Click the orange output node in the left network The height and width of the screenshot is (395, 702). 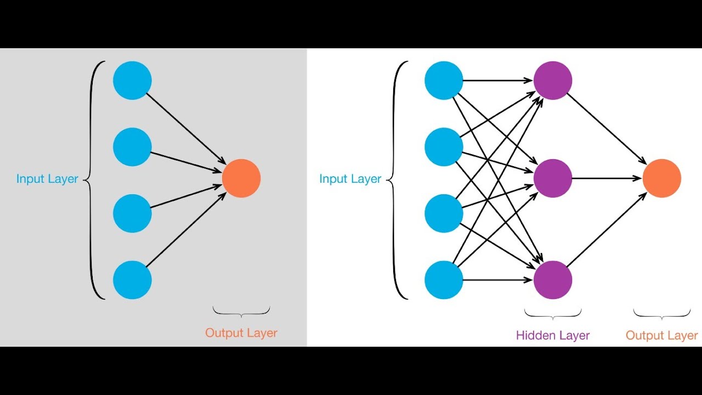pyautogui.click(x=241, y=178)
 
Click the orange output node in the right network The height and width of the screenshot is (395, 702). pyautogui.click(x=661, y=178)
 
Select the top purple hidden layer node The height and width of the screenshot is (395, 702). pyautogui.click(x=553, y=81)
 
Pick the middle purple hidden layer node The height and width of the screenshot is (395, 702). pyautogui.click(x=553, y=178)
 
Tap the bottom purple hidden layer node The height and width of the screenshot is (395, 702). pyautogui.click(x=553, y=280)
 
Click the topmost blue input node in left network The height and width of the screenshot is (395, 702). pyautogui.click(x=132, y=81)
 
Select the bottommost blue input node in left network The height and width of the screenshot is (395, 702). pyautogui.click(x=132, y=280)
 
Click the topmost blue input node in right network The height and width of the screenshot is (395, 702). pyautogui.click(x=444, y=81)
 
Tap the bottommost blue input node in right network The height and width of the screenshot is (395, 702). pyautogui.click(x=444, y=280)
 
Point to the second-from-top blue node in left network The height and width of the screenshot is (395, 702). pyautogui.click(x=132, y=147)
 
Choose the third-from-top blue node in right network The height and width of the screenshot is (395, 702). pyautogui.click(x=444, y=213)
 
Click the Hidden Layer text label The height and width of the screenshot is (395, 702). pyautogui.click(x=553, y=335)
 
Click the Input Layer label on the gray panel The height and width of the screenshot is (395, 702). pyautogui.click(x=47, y=179)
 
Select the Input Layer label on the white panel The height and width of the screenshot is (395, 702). pyautogui.click(x=350, y=179)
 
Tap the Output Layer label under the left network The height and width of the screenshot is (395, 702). pyautogui.click(x=241, y=333)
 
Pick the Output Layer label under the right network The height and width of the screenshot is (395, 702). pyautogui.click(x=661, y=335)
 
